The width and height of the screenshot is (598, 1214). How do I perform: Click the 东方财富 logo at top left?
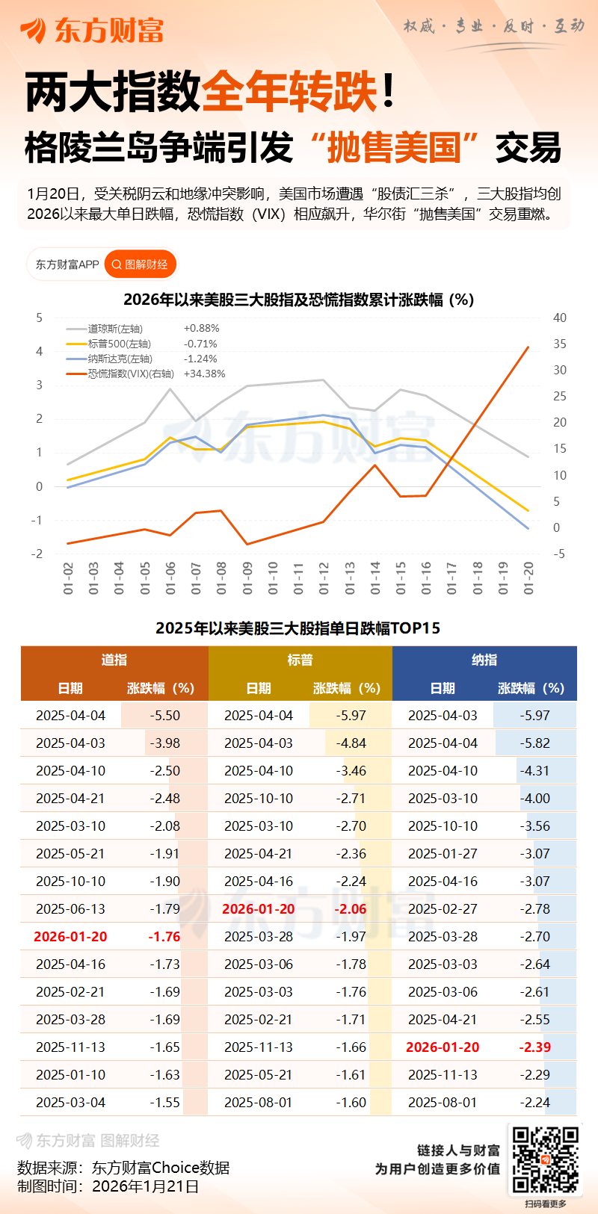coord(91,30)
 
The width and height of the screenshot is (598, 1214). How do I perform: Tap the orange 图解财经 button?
coord(140,264)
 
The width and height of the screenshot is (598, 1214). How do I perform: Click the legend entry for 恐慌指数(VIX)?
coord(131,374)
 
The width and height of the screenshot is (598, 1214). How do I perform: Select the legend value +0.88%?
coord(201,328)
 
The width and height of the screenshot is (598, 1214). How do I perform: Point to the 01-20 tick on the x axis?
coord(529,578)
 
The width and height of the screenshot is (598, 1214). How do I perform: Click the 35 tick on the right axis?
coord(559,344)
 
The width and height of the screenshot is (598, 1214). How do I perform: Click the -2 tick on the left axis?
coord(38,554)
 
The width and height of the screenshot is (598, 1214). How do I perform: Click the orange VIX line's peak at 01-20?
coord(528,347)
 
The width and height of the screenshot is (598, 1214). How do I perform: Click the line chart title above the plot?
coord(298,300)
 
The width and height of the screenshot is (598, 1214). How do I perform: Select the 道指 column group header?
coord(114,660)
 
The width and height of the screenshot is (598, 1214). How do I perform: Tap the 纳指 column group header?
coord(484,660)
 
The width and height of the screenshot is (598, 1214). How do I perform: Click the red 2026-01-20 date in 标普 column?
coord(259,909)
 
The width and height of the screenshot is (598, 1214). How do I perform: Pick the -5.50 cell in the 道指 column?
coord(164,716)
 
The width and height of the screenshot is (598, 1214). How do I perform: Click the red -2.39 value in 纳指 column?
coord(535,1047)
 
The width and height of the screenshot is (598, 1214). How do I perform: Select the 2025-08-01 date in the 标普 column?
coord(259,1103)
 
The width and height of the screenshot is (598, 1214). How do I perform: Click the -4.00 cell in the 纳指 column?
coord(535,799)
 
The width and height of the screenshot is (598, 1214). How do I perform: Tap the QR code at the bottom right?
coord(545,1160)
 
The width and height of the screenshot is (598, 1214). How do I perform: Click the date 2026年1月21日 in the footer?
coord(145,1186)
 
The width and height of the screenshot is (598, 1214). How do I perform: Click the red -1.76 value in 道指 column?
coord(164,937)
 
